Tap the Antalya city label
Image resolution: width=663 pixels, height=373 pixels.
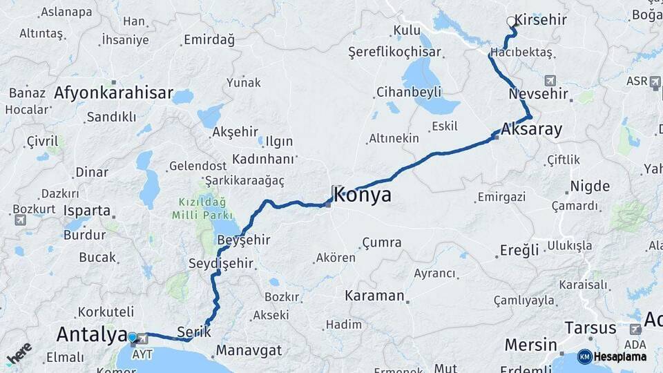pos(92,334)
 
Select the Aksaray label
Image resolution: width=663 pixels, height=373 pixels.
pos(532,129)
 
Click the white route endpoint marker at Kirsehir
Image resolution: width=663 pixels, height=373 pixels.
pos(512,21)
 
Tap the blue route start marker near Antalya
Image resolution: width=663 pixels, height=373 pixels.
pos(132,337)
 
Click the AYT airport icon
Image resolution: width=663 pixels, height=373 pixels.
pos(143,338)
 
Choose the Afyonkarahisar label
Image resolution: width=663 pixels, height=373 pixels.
pos(113,93)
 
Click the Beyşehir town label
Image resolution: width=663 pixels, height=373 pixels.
pos(243,240)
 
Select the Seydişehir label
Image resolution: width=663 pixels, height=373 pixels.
pos(221,263)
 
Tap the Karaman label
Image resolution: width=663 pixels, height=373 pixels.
pos(374,296)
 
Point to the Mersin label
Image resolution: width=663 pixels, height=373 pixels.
pos(530,345)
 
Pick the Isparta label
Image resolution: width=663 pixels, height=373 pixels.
pos(86,210)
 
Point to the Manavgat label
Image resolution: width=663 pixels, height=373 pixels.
pos(249,350)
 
